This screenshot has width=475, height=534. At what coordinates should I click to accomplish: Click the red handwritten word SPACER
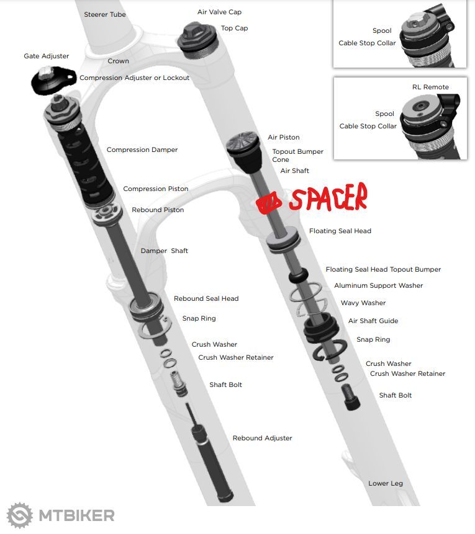[x=328, y=197]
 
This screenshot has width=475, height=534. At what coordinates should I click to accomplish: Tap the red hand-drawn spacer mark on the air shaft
[x=269, y=203]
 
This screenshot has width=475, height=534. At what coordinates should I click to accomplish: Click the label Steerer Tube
[x=105, y=14]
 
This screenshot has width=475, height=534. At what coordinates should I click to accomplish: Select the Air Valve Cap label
[x=219, y=12]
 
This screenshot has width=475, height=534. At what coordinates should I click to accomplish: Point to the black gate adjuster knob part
[x=53, y=80]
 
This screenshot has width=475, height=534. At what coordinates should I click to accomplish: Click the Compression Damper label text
[x=142, y=149]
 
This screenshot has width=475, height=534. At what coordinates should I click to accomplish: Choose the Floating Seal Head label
[x=340, y=231]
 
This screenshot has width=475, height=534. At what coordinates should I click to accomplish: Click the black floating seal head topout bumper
[x=299, y=275]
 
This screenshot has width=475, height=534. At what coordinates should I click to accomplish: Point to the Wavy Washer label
[x=363, y=303]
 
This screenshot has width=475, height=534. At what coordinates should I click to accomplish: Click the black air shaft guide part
[x=321, y=329]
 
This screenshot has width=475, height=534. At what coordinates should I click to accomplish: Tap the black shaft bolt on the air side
[x=351, y=396]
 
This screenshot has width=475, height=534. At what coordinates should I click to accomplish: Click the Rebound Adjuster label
[x=262, y=438]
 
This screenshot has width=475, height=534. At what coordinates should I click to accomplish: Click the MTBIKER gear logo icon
[x=20, y=515]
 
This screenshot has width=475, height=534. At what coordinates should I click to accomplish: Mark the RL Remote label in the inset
[x=430, y=87]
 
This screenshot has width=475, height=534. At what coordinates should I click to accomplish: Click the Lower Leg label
[x=386, y=483]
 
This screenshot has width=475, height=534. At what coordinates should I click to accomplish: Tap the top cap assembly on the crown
[x=197, y=40]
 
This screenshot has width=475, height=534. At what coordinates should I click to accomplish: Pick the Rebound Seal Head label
[x=206, y=298]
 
